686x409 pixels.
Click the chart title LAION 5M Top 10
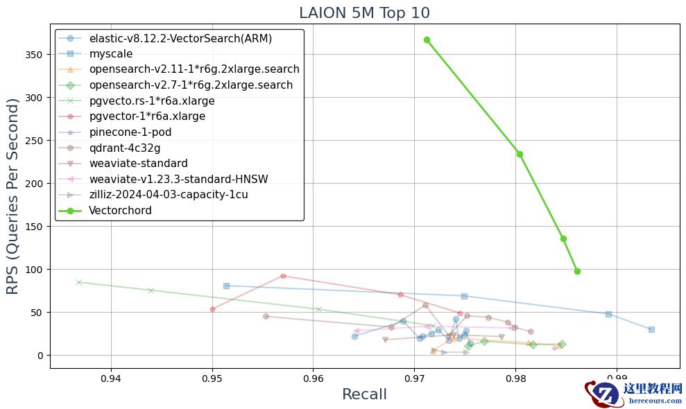(364, 12)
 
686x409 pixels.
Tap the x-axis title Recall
(364, 394)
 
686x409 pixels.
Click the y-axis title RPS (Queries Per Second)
(13, 196)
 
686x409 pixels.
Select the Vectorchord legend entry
(120, 211)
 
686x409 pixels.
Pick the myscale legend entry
(111, 54)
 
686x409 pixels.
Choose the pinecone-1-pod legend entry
(130, 132)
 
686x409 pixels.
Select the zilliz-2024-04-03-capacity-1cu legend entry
(169, 195)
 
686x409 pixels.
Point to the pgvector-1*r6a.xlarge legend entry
(147, 116)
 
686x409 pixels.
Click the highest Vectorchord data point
(427, 40)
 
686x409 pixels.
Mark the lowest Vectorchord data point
(577, 271)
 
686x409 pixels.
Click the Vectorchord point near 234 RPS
(520, 154)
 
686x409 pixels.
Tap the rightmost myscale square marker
(651, 329)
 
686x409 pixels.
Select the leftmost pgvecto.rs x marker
(78, 282)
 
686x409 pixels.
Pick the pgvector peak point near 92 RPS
(283, 276)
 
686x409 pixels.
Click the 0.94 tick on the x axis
(111, 378)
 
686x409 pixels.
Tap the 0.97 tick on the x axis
(414, 378)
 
